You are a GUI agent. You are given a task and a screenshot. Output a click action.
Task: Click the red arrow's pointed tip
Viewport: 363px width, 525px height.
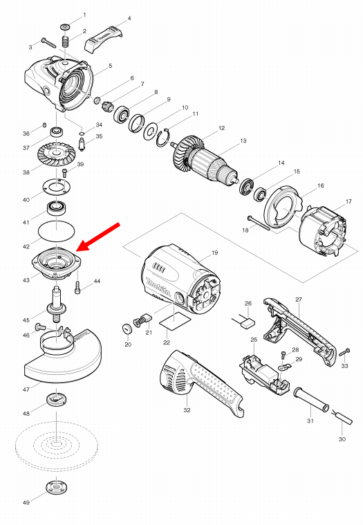(77, 251)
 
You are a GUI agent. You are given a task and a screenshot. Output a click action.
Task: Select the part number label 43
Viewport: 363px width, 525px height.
(26, 280)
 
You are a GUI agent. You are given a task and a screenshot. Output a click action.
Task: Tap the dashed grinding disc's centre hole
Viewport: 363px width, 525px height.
(57, 444)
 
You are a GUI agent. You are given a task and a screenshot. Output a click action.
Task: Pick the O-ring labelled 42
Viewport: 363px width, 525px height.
(57, 231)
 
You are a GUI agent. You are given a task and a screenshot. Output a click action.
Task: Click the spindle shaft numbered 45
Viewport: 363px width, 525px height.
(57, 303)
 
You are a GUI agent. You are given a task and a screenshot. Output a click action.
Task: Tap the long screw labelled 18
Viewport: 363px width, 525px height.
(259, 223)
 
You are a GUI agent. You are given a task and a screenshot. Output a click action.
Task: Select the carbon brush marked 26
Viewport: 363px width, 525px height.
(248, 323)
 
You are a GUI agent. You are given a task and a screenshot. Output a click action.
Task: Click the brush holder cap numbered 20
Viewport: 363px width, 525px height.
(127, 329)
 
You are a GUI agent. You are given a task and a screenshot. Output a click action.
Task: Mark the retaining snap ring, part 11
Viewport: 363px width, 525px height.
(164, 137)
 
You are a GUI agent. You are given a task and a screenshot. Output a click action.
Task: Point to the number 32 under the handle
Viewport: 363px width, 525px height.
(187, 409)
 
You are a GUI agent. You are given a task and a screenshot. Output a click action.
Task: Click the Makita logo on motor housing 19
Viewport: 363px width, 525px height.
(158, 286)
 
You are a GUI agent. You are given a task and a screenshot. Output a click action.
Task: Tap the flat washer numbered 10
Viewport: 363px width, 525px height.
(151, 131)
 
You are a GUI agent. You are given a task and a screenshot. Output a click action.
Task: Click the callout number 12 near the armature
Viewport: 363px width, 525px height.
(221, 128)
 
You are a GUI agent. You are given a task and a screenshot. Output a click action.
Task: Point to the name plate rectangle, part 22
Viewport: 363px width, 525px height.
(175, 321)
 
